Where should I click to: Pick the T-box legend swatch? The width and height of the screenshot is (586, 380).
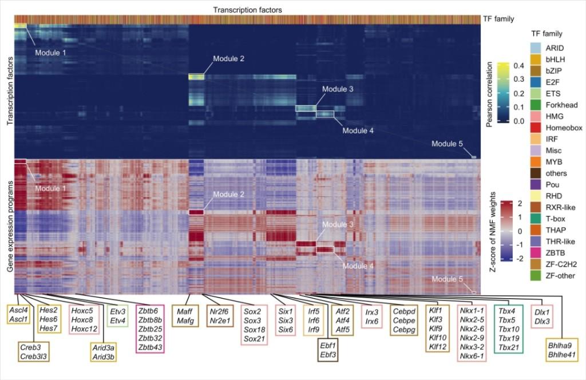pyautogui.click(x=535, y=219)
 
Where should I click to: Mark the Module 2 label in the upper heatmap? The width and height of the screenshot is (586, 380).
pyautogui.click(x=228, y=58)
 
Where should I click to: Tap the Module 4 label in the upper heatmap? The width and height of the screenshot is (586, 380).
pyautogui.click(x=358, y=130)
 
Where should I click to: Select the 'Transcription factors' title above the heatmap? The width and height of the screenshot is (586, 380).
pyautogui.click(x=247, y=10)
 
